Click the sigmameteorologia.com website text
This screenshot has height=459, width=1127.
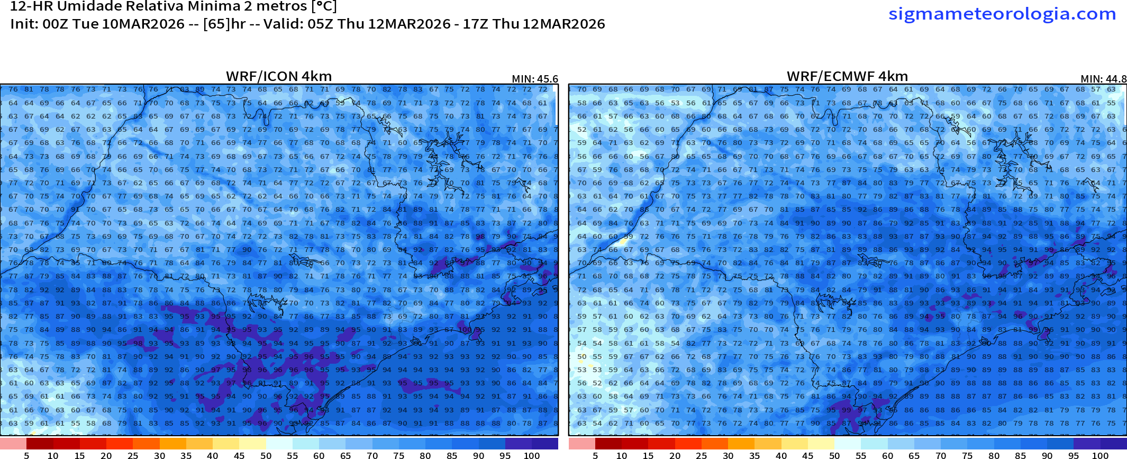tap(1002, 13)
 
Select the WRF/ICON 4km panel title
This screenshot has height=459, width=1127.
tap(279, 76)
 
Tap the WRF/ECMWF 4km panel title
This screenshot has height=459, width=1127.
tap(847, 76)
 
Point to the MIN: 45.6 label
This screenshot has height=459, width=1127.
tap(535, 79)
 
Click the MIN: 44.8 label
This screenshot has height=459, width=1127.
tap(1103, 79)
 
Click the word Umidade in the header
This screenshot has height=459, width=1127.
tap(88, 6)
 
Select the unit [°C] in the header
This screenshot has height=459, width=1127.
tap(324, 6)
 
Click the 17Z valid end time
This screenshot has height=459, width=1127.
tap(474, 24)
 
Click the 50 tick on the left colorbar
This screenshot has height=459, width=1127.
tap(266, 455)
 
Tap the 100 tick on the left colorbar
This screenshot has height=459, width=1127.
tap(531, 455)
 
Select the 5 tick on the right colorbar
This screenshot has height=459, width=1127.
tap(595, 455)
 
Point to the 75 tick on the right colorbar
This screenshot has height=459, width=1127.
tap(967, 455)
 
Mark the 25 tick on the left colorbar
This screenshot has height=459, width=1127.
tap(133, 455)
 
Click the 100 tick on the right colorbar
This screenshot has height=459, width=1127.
tap(1100, 455)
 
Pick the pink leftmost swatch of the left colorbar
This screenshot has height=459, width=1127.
tap(13, 444)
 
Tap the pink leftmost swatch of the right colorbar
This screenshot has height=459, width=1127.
tap(581, 444)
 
